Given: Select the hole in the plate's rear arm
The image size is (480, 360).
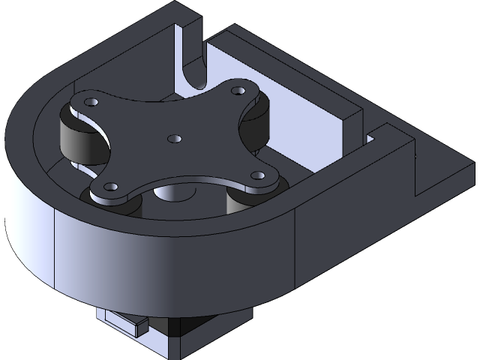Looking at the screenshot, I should [239, 89].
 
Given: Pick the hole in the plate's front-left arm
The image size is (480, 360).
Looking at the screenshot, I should [111, 185].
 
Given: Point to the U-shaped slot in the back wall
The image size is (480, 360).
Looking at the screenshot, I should [193, 67].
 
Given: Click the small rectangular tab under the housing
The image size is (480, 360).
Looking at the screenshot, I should [123, 322].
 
